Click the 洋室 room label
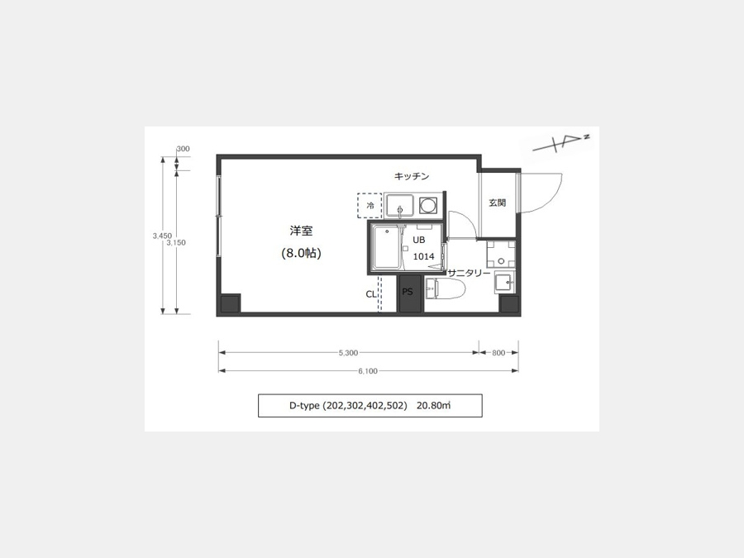coord(301,231)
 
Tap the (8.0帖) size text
coord(301,253)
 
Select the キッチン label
coord(412,176)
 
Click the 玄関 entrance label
coord(498,203)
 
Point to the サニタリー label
coord(469,273)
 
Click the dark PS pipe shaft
coord(409,293)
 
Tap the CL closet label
coord(370,294)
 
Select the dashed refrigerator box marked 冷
coord(370,206)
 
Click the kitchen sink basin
coord(399,206)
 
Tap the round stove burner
coord(428,206)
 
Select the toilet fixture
coord(445,289)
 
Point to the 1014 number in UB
coord(424,256)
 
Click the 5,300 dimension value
coord(348,352)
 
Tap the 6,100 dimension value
coord(368,371)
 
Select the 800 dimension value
coord(498,352)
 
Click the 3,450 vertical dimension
coord(162,236)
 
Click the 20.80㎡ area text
coord(434,405)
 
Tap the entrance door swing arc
coord(554,198)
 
